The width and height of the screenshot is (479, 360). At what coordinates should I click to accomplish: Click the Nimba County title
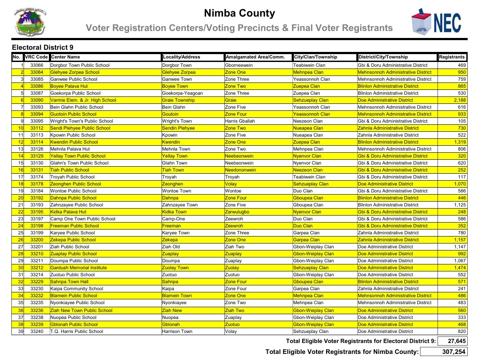(x=239, y=14)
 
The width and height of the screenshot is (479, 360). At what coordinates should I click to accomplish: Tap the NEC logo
(x=436, y=22)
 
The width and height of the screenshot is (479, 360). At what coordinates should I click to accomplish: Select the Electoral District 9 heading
(x=43, y=48)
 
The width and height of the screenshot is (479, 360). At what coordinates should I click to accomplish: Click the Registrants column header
(x=452, y=57)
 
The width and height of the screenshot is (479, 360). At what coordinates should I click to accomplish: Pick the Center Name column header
(x=65, y=57)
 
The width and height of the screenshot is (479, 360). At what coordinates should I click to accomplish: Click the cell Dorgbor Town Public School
(x=80, y=65)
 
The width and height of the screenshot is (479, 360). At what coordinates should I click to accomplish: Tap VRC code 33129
(x=37, y=156)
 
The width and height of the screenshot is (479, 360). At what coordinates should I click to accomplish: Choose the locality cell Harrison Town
(x=177, y=332)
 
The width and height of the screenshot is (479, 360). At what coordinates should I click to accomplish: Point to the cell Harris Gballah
(x=240, y=121)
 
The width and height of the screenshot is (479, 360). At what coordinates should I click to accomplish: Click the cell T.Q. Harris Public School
(x=77, y=332)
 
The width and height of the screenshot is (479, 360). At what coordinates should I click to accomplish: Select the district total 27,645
(x=451, y=341)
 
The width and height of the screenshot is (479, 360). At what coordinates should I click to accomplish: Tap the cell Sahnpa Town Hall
(x=70, y=282)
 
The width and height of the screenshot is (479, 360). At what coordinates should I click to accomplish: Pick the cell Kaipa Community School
(x=77, y=289)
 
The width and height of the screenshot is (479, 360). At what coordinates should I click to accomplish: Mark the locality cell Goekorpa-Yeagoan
(x=182, y=93)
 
